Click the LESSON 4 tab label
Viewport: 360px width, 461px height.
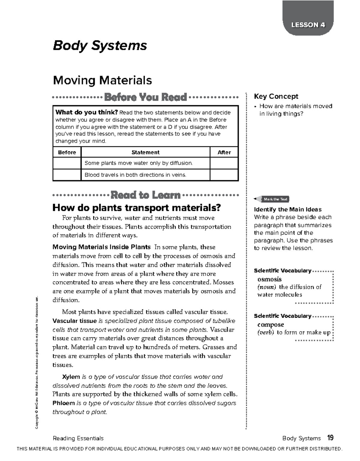308,25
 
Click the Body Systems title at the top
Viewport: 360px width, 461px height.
100,46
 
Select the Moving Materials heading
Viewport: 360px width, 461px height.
102,80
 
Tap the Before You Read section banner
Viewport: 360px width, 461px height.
145,97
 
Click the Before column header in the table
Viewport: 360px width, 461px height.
67,152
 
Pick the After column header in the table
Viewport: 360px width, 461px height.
224,152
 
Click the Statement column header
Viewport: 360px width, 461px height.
145,152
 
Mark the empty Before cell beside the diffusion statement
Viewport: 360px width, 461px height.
67,163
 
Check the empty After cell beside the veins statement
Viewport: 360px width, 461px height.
224,175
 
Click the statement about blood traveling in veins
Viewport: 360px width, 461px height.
135,175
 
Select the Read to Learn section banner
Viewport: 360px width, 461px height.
145,195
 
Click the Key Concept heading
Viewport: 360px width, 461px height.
276,96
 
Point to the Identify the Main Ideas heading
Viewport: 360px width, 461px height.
288,209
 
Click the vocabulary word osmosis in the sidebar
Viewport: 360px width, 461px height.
269,279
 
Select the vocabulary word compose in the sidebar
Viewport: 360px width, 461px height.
271,324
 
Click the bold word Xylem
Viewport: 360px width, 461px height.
71,377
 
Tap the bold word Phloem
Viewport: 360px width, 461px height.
64,403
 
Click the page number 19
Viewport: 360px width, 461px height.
330,438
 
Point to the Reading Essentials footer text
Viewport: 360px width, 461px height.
78,438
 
